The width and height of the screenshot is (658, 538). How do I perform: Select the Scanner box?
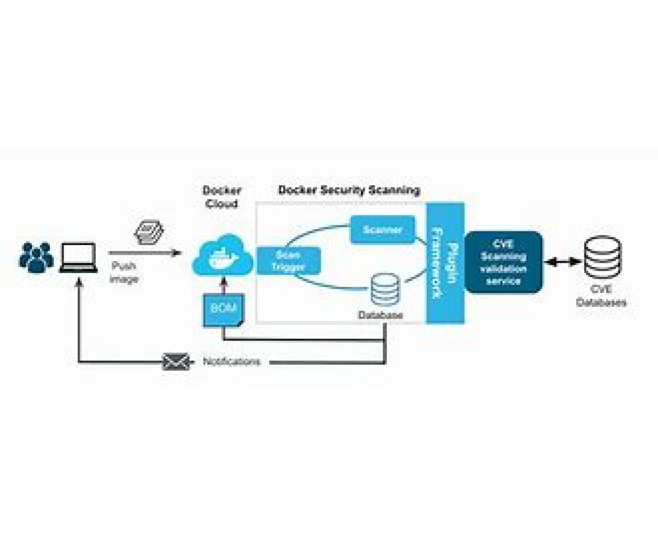(382, 230)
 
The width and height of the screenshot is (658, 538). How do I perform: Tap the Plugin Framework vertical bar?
(445, 263)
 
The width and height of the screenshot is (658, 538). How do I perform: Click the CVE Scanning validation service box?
(503, 262)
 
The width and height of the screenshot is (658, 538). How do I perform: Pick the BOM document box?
(223, 309)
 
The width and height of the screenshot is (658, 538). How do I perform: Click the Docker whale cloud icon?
(222, 255)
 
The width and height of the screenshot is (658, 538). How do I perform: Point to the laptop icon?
(78, 257)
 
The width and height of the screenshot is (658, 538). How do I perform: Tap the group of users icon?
(36, 257)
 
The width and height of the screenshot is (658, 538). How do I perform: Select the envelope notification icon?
(176, 361)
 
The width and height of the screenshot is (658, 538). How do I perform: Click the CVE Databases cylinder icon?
(601, 257)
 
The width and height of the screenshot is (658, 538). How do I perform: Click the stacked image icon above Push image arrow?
(148, 232)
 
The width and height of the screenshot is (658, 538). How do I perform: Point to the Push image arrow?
(144, 253)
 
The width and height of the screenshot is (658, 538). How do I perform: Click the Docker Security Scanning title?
(349, 190)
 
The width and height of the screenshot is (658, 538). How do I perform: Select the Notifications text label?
(231, 362)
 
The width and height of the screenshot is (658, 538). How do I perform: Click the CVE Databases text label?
(601, 297)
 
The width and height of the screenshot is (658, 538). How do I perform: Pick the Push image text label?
(124, 273)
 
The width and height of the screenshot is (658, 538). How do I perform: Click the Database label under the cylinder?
(380, 315)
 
